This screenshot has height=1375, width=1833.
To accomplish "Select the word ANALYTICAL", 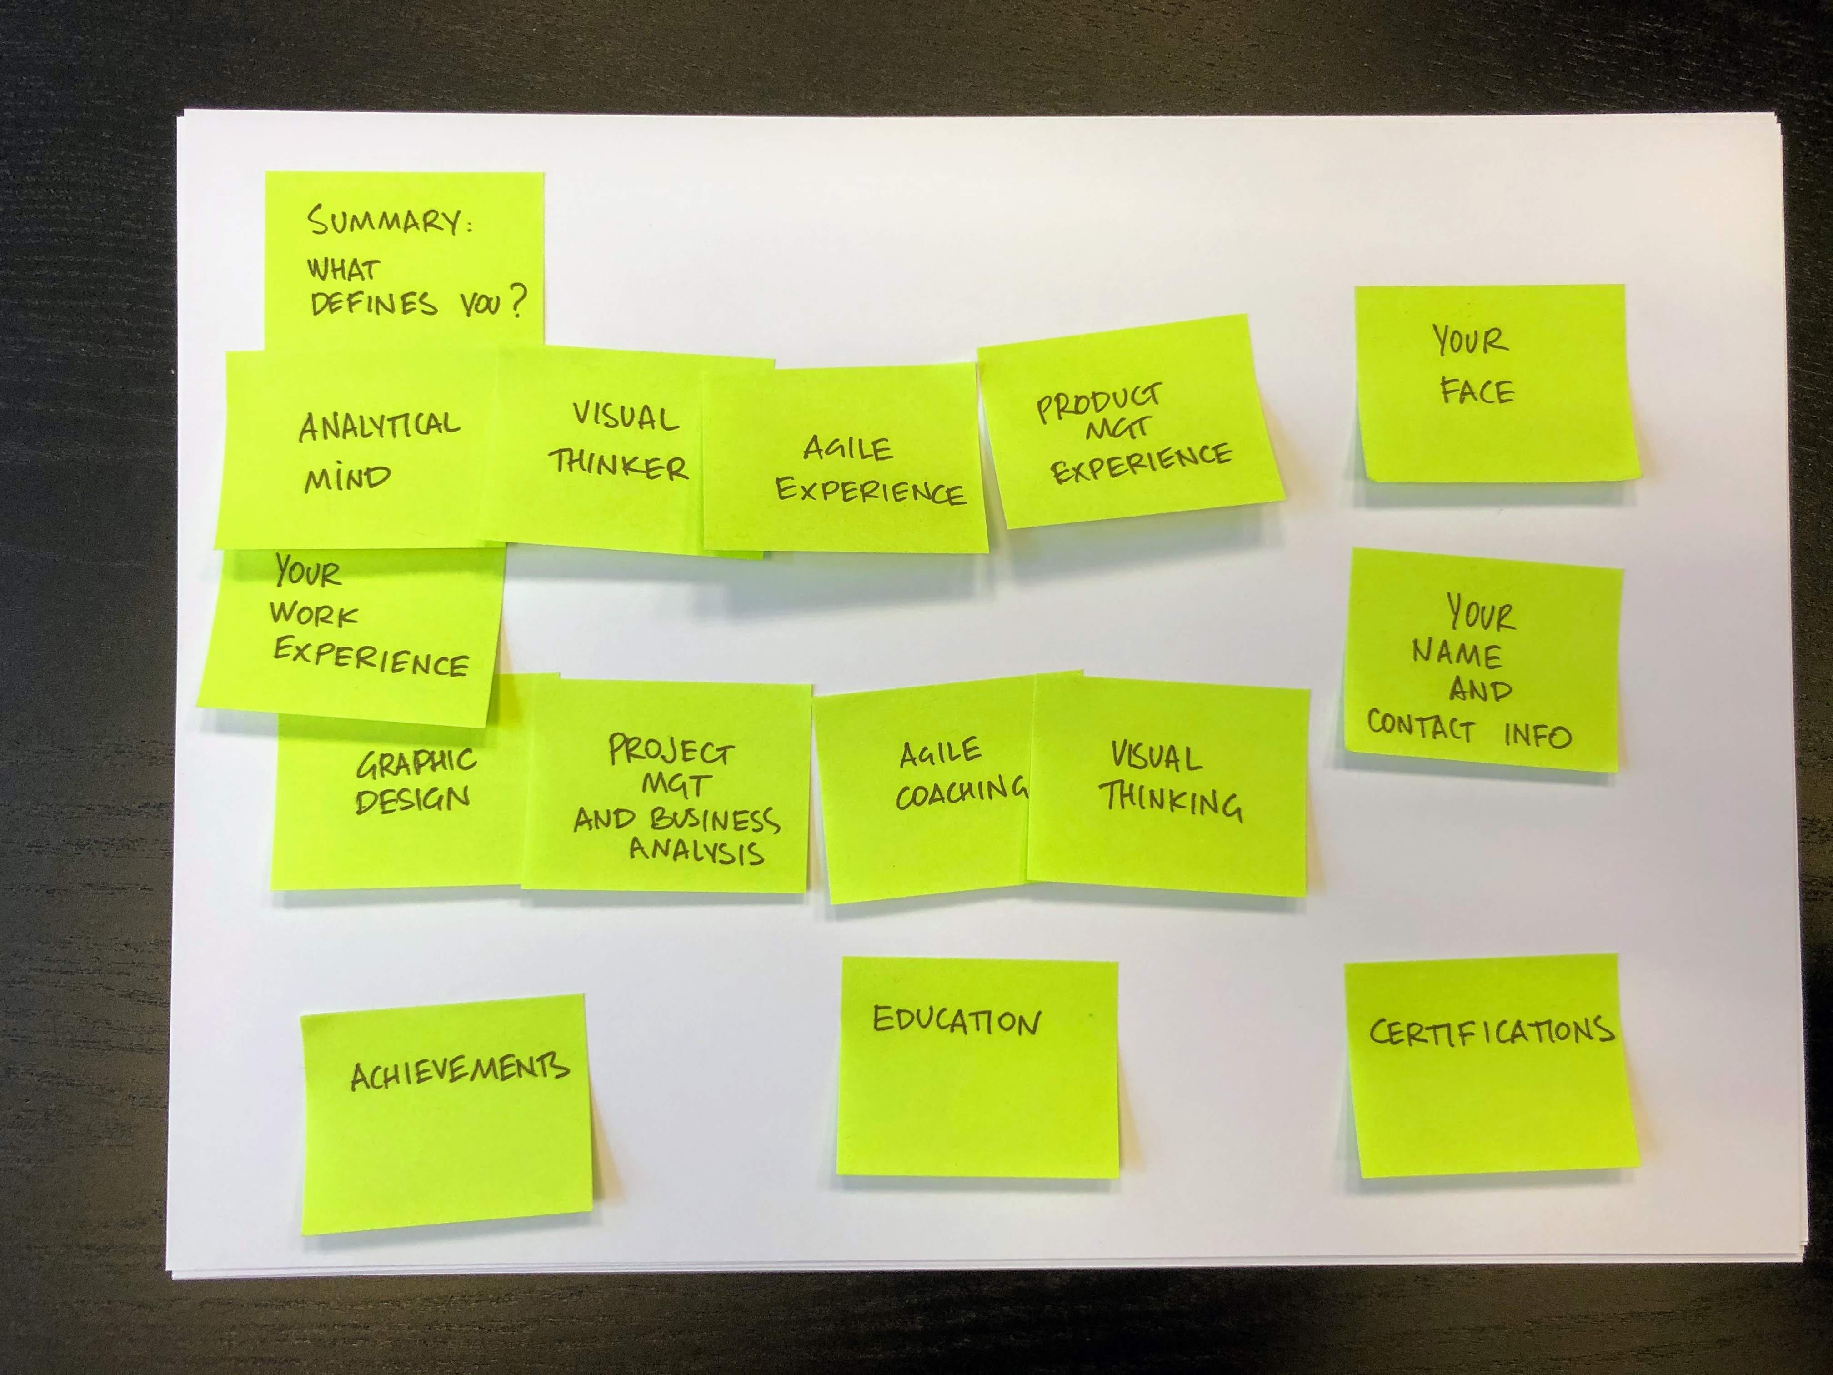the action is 379,426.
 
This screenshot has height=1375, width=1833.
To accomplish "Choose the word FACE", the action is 1477,391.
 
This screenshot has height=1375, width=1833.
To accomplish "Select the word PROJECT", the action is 671,751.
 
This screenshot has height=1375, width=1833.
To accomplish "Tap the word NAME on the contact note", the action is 1457,654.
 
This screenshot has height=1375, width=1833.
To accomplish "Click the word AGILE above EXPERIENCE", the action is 847,449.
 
